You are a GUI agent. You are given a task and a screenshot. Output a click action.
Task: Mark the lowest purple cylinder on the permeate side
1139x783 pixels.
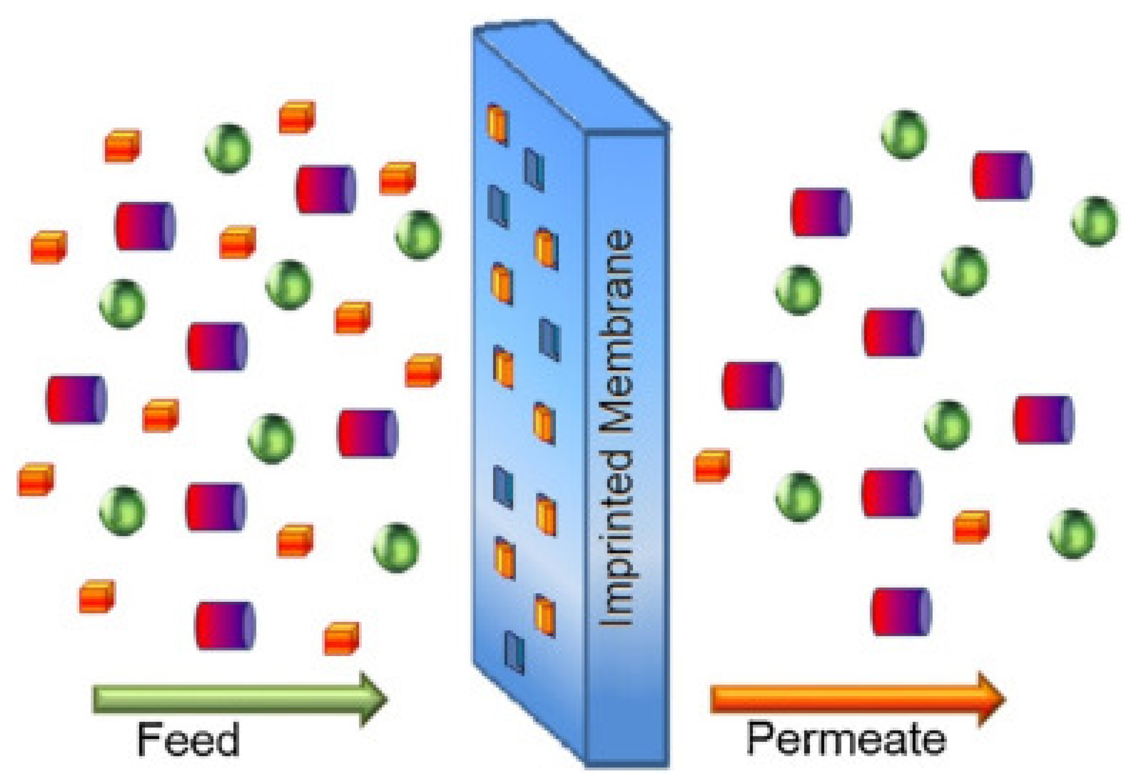(x=900, y=611)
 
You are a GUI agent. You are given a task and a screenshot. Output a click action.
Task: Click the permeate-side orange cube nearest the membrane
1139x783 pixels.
(x=711, y=466)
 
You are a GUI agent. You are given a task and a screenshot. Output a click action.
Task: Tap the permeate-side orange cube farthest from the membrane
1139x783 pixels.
(x=971, y=527)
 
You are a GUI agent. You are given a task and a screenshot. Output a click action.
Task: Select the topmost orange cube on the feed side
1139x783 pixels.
(x=297, y=117)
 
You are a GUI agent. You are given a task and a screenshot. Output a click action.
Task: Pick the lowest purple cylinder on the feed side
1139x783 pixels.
(x=225, y=625)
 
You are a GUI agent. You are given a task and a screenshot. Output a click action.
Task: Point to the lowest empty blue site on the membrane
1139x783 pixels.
(x=514, y=652)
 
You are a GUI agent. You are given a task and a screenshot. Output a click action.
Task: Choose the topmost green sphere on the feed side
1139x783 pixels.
(x=228, y=148)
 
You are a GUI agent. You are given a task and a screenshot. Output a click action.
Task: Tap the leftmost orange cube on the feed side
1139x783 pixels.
(x=36, y=479)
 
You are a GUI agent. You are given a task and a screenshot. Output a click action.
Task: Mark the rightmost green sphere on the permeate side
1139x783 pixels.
(x=1094, y=221)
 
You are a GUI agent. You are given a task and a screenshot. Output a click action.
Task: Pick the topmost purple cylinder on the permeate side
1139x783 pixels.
(x=1002, y=175)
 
